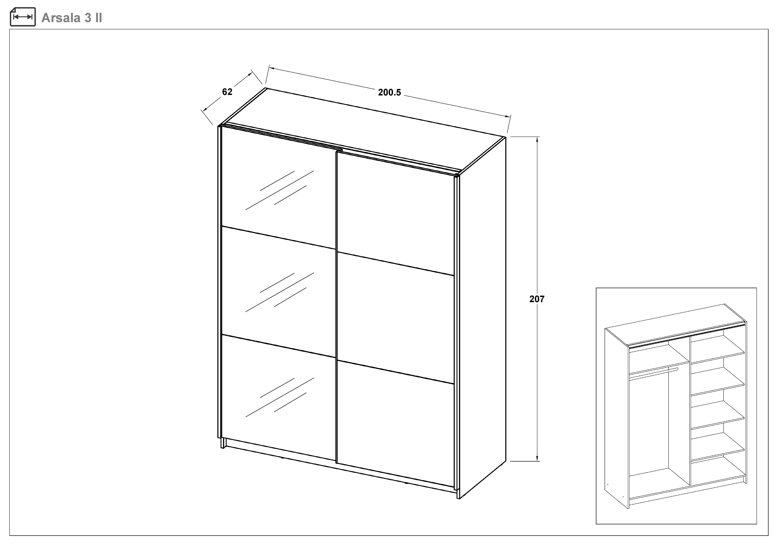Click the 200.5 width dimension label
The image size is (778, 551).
tap(389, 92)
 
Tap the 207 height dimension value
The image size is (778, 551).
tap(537, 299)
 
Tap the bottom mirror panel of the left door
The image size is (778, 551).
tap(278, 397)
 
